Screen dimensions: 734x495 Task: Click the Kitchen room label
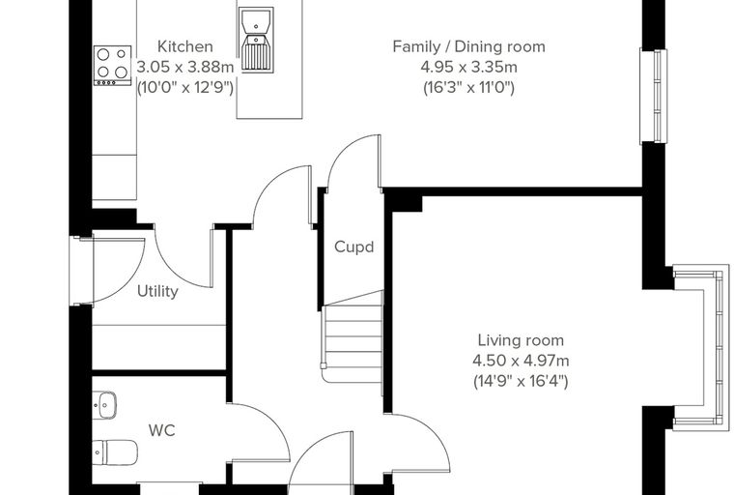[x=185, y=46]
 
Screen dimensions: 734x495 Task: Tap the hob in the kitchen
[x=112, y=66]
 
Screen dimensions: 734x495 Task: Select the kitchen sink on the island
[x=256, y=40]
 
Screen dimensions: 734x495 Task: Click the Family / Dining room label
[x=468, y=46]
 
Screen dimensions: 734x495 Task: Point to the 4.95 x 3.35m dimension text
[x=468, y=67]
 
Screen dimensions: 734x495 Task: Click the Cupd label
[x=353, y=247]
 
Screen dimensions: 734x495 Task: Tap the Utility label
[x=157, y=291]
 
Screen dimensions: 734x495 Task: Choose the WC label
[x=162, y=430]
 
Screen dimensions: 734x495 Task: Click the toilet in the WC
[x=115, y=452]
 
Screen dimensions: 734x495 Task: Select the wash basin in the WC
[x=104, y=405]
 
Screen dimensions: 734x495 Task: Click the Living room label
[x=521, y=340]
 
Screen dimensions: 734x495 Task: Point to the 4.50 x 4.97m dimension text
[x=521, y=361]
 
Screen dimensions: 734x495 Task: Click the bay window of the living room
[x=701, y=347]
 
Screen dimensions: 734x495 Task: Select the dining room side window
[x=654, y=96]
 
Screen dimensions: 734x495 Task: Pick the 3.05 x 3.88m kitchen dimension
[x=184, y=67]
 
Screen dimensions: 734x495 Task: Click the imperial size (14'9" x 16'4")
[x=521, y=381]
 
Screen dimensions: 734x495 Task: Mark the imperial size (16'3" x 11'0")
[x=468, y=88]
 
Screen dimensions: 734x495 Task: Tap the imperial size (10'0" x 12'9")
[x=184, y=88]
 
